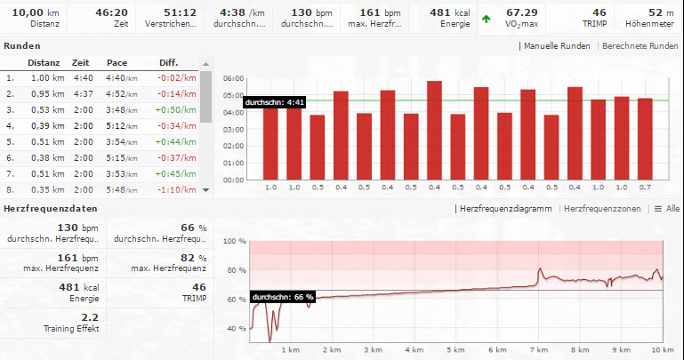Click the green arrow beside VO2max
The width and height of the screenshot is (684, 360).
485,17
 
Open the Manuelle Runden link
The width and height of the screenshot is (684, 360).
558,45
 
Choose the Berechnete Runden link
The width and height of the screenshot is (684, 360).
640,45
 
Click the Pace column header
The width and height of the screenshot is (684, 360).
117,63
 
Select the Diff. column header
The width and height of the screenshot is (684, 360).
169,63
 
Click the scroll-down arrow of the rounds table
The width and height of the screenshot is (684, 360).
206,189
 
